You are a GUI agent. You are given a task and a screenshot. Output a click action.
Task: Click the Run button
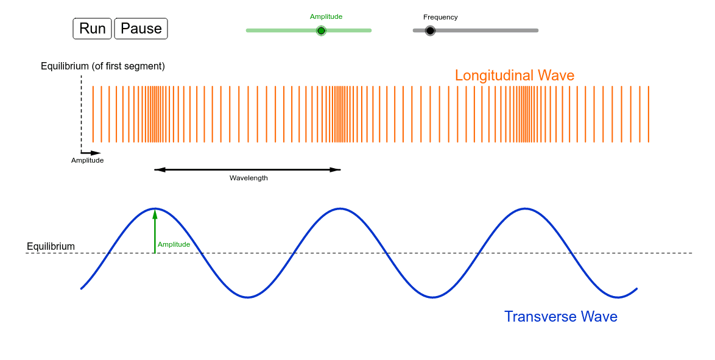pos(92,28)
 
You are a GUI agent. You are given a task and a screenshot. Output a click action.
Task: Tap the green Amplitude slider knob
pos(321,30)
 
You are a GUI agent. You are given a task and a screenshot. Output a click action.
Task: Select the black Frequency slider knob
pos(430,30)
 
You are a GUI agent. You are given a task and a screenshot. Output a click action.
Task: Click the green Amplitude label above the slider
pos(326,17)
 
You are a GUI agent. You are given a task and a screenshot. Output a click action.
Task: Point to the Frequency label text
pos(440,17)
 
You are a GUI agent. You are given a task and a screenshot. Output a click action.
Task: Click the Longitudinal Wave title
pos(515,76)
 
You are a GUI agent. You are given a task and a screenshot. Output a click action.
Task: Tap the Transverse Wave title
pos(561,316)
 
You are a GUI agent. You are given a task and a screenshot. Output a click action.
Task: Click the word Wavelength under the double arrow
pos(248,178)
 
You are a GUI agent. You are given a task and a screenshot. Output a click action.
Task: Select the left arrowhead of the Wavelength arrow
pos(160,170)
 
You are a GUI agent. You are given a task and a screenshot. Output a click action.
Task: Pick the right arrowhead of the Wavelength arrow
pos(336,170)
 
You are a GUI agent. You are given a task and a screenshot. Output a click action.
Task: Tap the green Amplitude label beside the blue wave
pos(174,244)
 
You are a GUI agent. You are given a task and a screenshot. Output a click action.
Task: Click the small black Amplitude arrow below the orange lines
pos(91,153)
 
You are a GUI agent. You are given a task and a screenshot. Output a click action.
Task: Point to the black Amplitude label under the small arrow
pos(88,161)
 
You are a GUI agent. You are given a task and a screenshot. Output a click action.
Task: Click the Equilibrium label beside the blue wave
pos(51,246)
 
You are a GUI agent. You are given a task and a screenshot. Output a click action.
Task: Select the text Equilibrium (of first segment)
pos(103,66)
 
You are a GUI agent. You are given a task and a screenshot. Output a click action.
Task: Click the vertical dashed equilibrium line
pos(81,114)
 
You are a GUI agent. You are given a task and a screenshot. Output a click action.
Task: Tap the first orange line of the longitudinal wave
pos(93,114)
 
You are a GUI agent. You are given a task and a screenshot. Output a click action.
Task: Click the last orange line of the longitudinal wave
pos(649,114)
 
